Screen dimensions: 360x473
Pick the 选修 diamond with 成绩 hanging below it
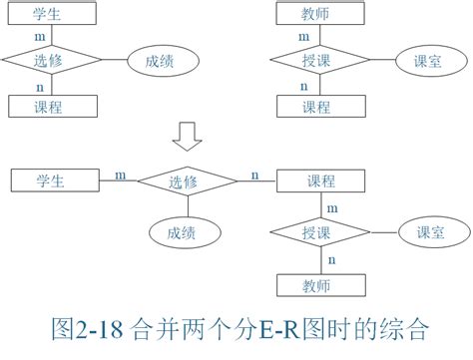[x=187, y=181]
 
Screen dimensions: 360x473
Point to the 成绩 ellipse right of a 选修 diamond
[x=160, y=60]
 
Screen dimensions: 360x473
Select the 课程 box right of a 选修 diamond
[x=319, y=181]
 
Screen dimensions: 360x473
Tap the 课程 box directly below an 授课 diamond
[x=317, y=106]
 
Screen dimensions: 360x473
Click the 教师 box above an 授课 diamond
[x=317, y=13]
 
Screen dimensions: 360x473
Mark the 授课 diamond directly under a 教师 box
[x=317, y=60]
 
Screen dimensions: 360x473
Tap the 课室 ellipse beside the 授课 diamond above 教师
[x=428, y=232]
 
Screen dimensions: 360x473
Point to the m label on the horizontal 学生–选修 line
[x=120, y=176]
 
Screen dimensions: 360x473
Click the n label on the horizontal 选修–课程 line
[x=255, y=176]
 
